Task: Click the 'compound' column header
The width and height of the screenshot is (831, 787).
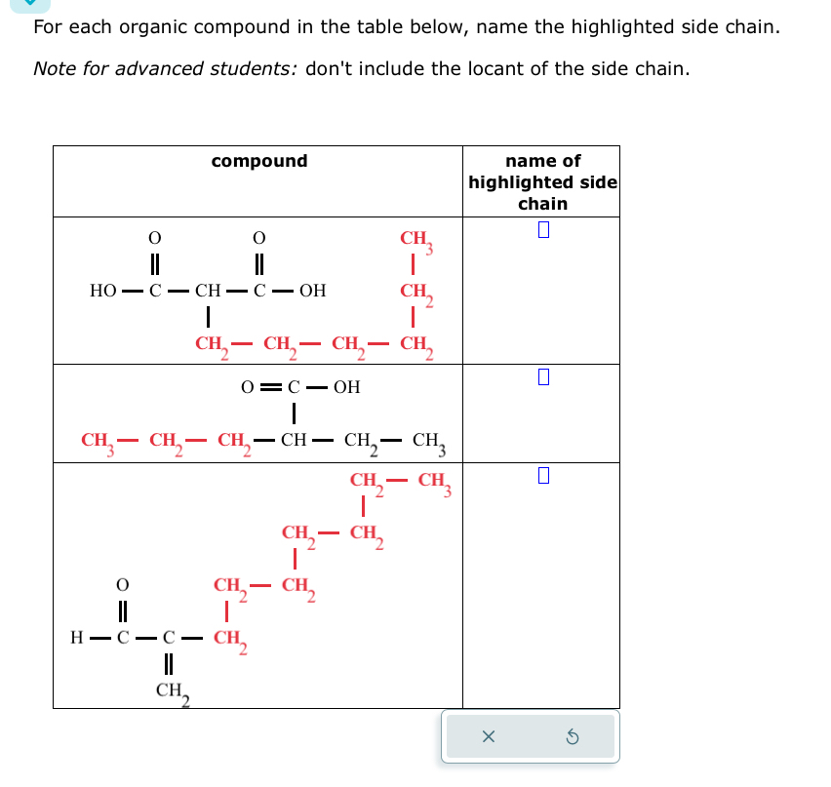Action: click(258, 161)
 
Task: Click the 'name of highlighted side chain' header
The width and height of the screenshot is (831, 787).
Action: click(542, 182)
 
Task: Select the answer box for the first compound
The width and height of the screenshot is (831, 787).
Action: click(544, 231)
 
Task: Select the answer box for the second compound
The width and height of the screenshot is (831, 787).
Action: click(544, 377)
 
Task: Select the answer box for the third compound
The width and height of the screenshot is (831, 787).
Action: click(544, 476)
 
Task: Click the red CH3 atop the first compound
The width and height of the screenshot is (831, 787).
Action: click(415, 240)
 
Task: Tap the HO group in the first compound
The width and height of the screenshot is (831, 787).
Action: click(102, 291)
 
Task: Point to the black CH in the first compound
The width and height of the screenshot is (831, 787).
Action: click(208, 291)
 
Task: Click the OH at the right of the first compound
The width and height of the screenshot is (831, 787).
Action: click(313, 291)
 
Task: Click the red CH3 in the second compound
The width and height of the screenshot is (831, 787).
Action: click(98, 441)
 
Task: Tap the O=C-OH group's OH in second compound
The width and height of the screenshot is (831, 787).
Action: click(346, 387)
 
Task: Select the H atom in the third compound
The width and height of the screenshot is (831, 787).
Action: click(76, 639)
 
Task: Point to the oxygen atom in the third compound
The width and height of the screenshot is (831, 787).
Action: click(122, 585)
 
